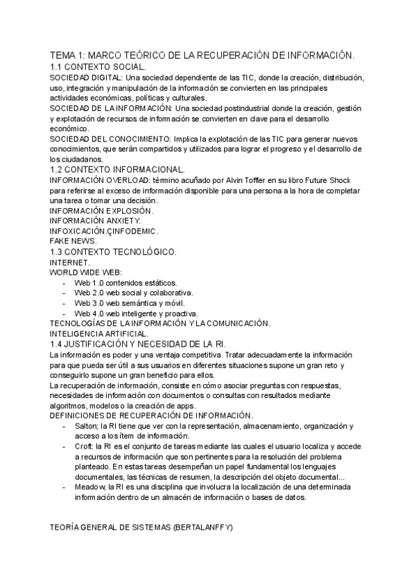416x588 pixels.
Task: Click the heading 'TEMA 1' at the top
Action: [70, 55]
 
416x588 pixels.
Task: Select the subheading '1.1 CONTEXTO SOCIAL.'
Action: [98, 67]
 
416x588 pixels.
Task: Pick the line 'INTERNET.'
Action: [70, 263]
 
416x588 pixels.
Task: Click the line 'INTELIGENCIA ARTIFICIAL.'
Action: [99, 334]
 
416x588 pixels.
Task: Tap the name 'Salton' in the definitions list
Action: [87, 426]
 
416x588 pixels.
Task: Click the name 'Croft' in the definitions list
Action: [85, 447]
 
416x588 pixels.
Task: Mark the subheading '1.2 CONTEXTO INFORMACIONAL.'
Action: [118, 169]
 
